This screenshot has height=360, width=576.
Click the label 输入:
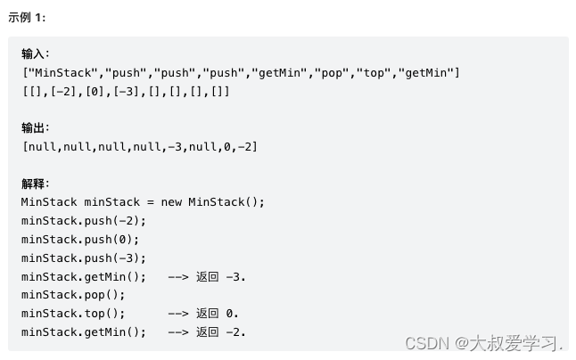pyautogui.click(x=36, y=54)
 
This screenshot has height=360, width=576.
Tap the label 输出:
pyautogui.click(x=36, y=128)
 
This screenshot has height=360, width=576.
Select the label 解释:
pyautogui.click(x=36, y=184)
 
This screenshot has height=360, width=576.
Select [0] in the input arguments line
pyautogui.click(x=93, y=91)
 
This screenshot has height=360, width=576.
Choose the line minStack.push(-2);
pyautogui.click(x=84, y=221)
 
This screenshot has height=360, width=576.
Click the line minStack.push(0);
pyautogui.click(x=80, y=240)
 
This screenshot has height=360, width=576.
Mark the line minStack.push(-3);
pyautogui.click(x=84, y=258)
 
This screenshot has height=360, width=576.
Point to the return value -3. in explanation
pyautogui.click(x=236, y=277)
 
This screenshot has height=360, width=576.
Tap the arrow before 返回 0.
pyautogui.click(x=177, y=314)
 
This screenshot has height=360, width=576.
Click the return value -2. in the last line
pyautogui.click(x=236, y=332)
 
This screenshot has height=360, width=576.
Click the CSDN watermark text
pyautogui.click(x=484, y=343)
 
